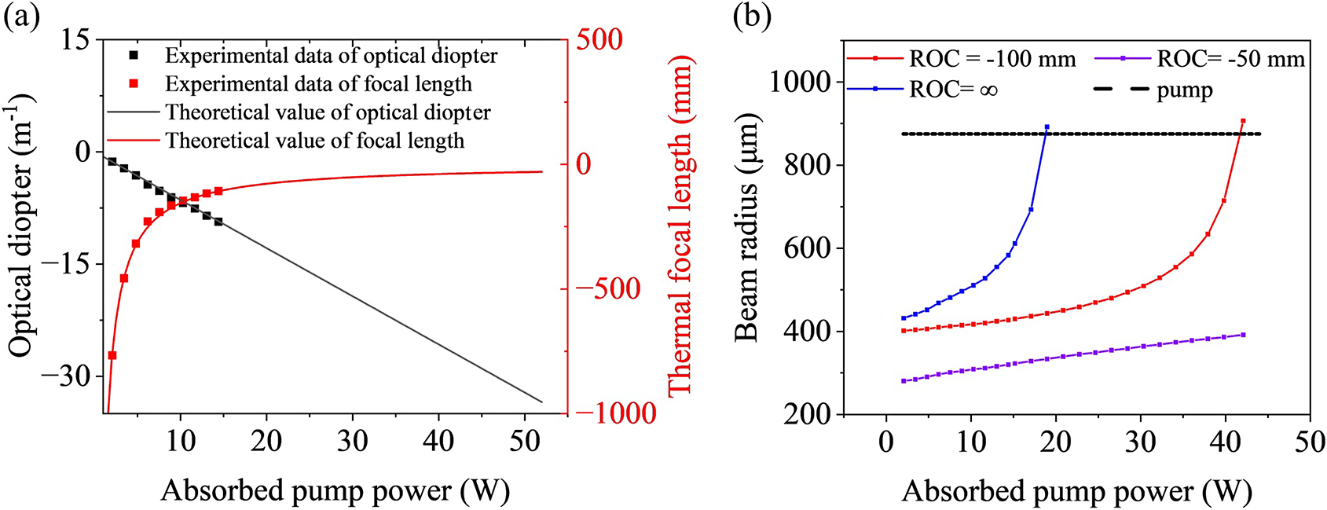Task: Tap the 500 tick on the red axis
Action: [x=599, y=39]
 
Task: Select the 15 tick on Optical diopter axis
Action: [x=76, y=39]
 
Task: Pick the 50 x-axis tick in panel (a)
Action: [x=524, y=441]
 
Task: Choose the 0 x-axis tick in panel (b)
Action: [x=886, y=442]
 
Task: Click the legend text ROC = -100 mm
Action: [x=992, y=59]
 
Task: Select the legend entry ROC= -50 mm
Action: [x=1230, y=59]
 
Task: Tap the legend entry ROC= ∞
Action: [x=953, y=90]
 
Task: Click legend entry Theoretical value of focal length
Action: [x=314, y=141]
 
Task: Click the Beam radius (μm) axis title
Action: [x=747, y=228]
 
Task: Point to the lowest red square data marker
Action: [x=112, y=355]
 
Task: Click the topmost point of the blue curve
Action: [x=1047, y=127]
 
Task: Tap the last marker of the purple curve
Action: [x=1243, y=335]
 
